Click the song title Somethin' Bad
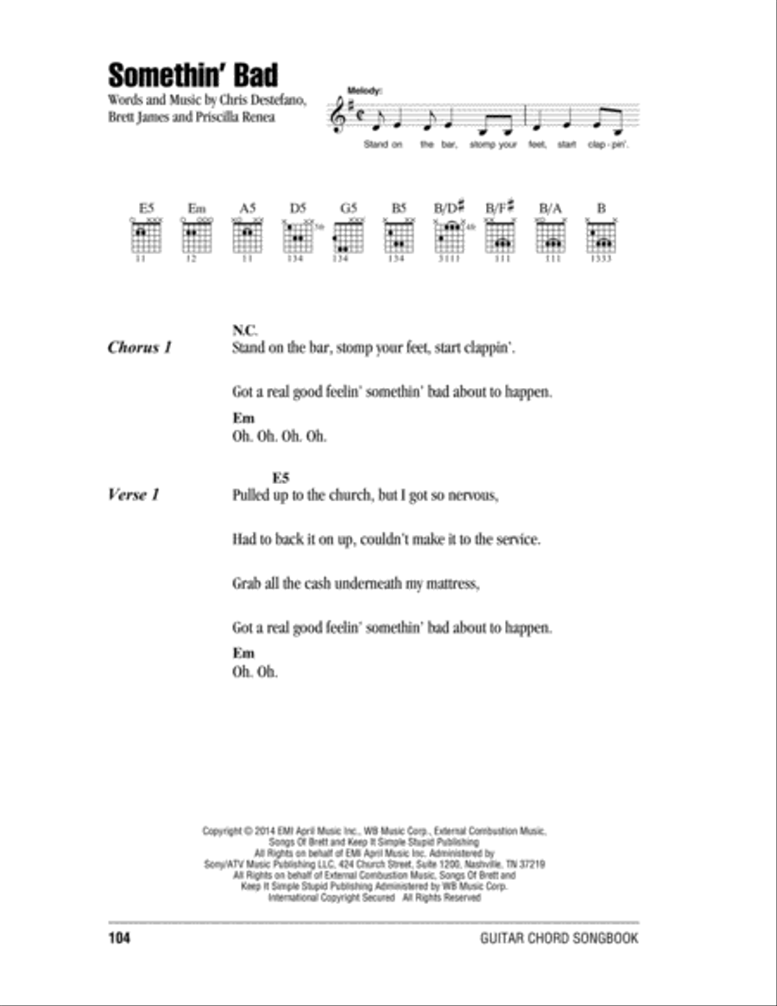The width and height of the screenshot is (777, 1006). tap(193, 75)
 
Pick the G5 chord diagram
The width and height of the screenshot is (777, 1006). tap(348, 234)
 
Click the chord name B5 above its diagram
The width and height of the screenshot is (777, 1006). tap(397, 207)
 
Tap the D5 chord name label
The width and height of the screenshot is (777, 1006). tap(297, 207)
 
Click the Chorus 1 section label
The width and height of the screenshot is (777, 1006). tap(140, 347)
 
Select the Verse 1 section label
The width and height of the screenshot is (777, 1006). tap(134, 496)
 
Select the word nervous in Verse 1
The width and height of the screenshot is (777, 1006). tap(470, 496)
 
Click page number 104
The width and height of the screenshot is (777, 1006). tap(119, 939)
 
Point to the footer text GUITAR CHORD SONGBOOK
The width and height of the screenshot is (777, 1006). tap(559, 939)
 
